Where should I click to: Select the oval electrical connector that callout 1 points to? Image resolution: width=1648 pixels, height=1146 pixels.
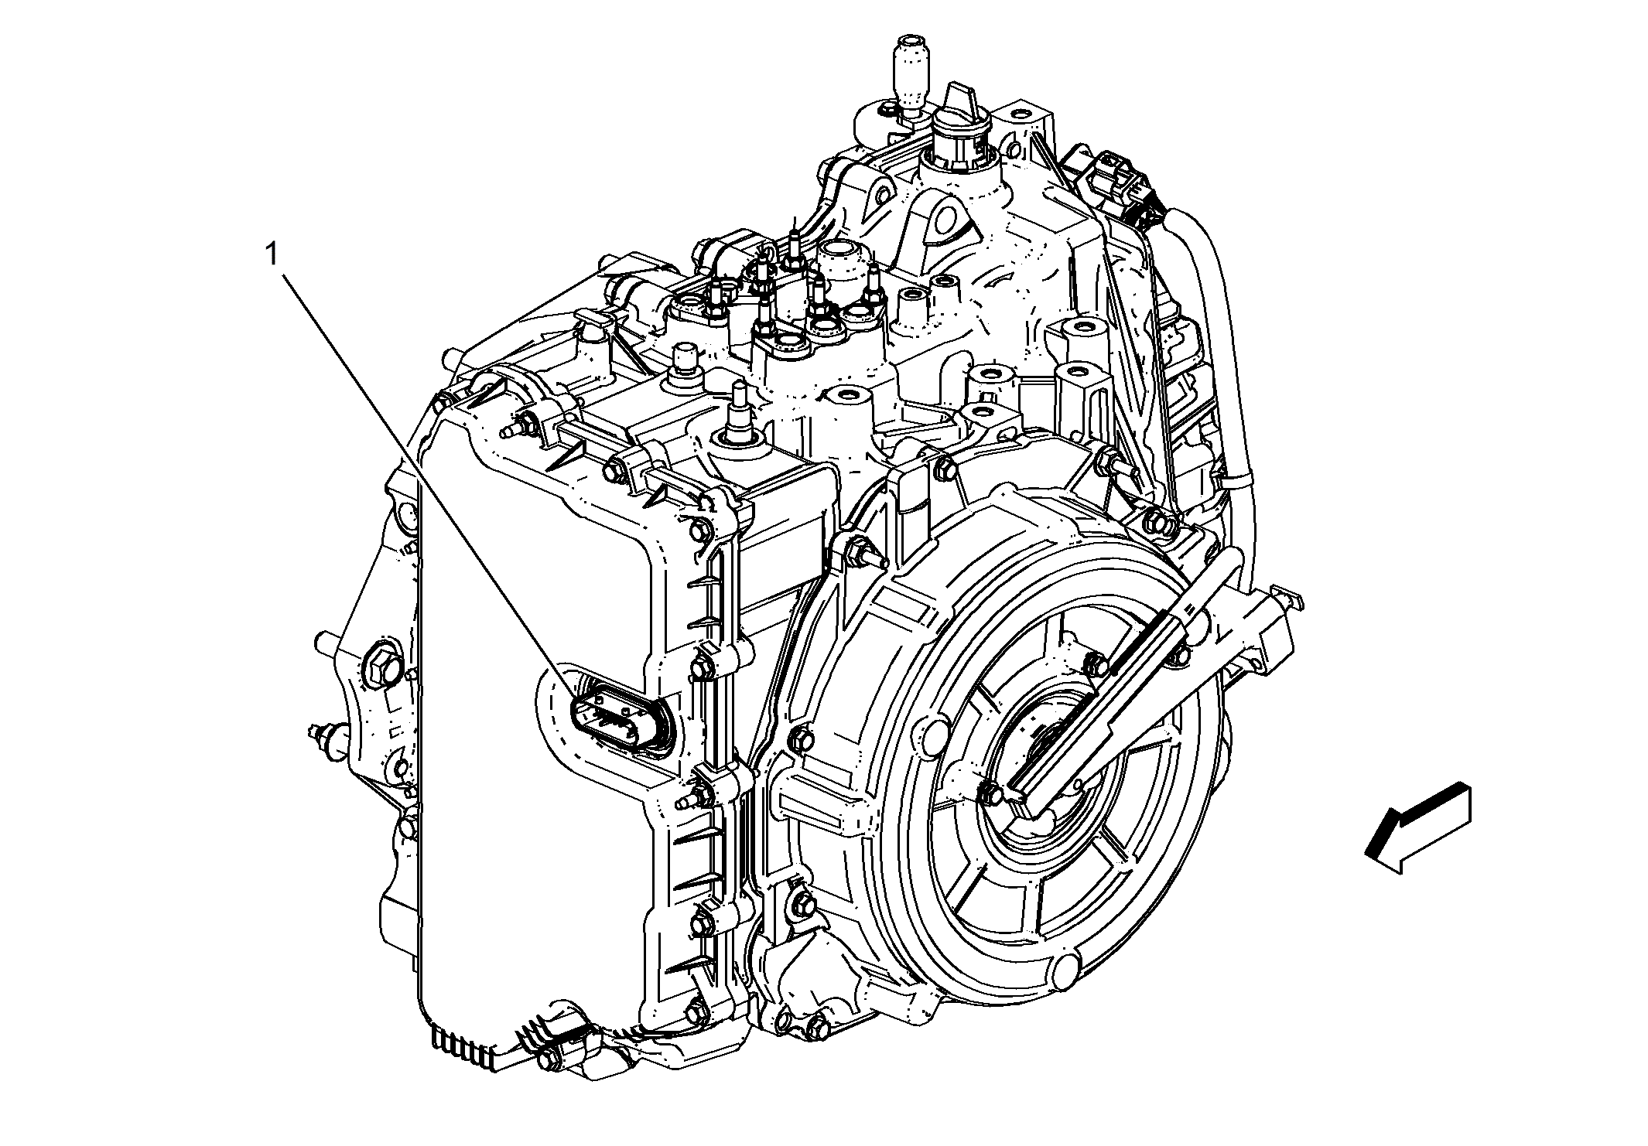click(x=617, y=720)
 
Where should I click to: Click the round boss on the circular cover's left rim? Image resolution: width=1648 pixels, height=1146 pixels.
click(x=928, y=732)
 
